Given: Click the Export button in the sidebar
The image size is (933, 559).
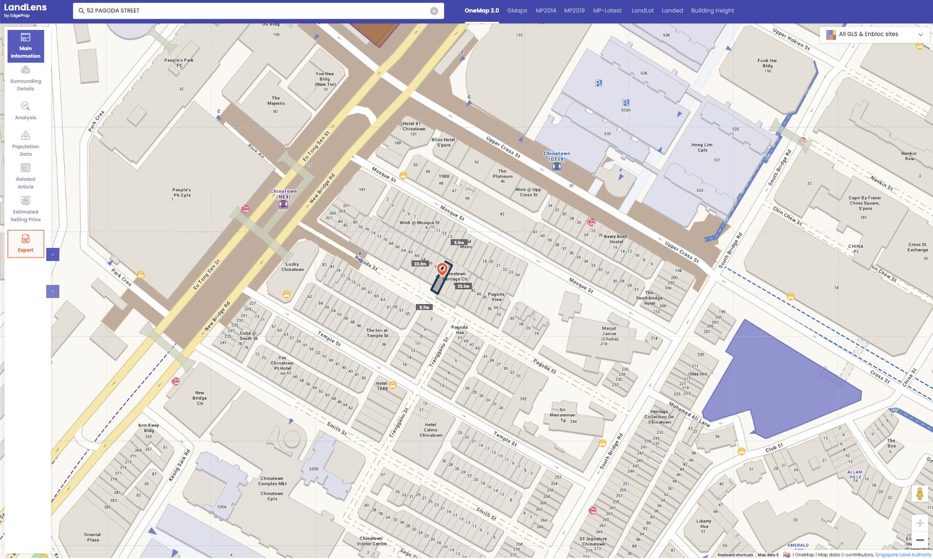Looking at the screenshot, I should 26,244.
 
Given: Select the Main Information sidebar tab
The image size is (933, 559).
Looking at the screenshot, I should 26,46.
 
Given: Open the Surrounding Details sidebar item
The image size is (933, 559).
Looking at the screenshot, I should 26,79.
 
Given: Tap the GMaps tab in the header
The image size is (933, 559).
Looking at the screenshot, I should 517,11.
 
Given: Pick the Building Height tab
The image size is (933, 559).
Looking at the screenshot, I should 712,11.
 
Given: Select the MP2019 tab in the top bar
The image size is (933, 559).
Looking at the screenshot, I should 574,11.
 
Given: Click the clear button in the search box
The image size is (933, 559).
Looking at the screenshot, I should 434,11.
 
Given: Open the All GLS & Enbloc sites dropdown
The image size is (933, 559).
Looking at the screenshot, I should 875,34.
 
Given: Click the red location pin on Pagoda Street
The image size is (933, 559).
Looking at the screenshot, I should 442,269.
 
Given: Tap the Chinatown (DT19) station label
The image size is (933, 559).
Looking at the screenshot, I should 557,156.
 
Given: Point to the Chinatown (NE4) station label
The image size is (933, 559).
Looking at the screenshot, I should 283,194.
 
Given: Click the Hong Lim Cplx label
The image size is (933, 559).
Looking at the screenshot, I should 702,147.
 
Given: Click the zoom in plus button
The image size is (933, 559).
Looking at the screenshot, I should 919,523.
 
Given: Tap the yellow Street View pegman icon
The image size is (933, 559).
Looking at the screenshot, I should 919,494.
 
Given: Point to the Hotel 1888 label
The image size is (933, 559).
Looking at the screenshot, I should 382,386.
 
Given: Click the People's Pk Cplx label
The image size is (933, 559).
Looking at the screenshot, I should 182,193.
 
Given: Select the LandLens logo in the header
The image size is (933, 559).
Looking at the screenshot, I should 26,9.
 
